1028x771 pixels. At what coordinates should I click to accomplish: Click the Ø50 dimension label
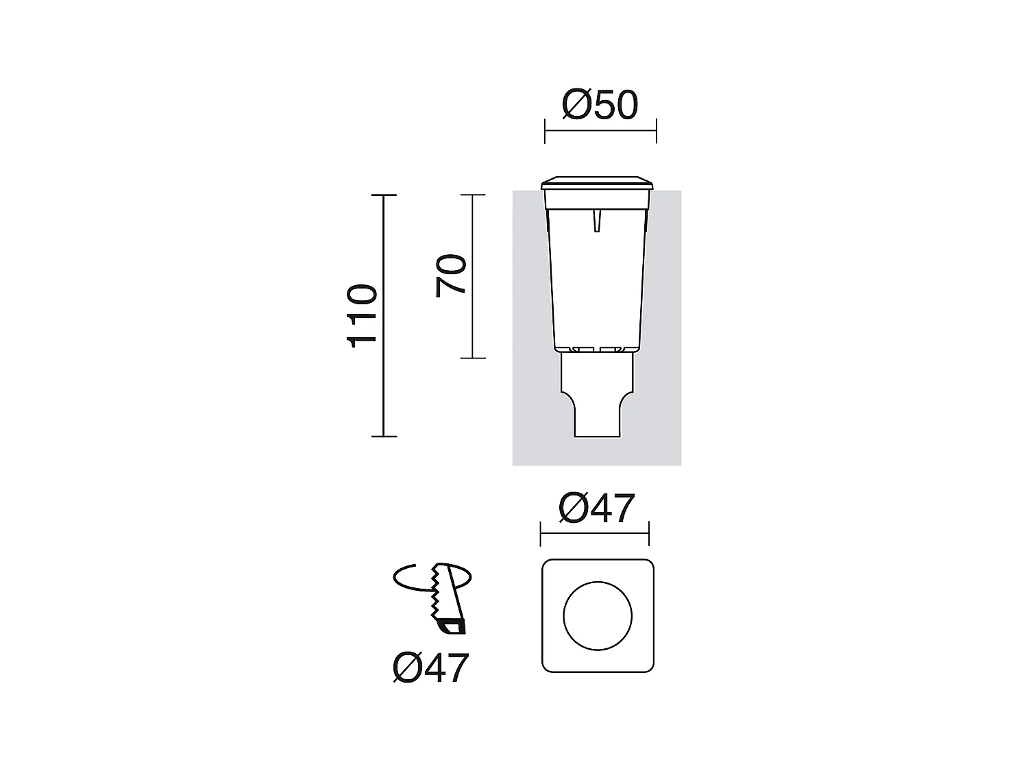[600, 106]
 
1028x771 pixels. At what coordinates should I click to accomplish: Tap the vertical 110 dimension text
[363, 316]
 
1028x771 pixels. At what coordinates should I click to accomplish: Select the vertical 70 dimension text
[451, 276]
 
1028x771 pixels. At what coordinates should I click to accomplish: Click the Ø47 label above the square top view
[596, 509]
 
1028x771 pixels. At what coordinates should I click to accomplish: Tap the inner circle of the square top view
[598, 616]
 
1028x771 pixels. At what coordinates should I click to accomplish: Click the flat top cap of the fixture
[598, 184]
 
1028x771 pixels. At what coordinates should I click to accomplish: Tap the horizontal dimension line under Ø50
[600, 131]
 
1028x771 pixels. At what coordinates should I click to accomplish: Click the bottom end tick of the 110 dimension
[384, 436]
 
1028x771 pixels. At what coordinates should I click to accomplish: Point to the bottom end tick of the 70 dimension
[473, 358]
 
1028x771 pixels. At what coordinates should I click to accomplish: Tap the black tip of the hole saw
[452, 626]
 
